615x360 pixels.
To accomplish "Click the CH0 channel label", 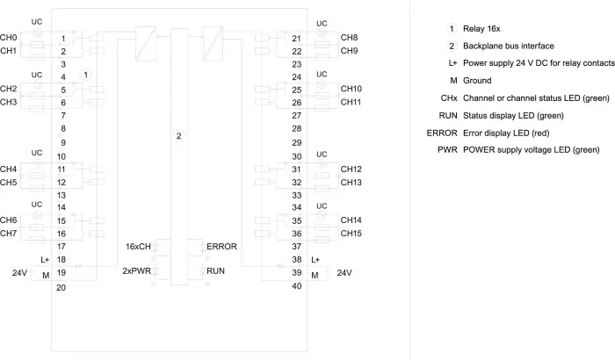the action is tap(9, 38).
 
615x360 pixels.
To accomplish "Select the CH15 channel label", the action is tap(351, 234).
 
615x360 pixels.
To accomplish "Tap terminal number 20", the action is tap(61, 287).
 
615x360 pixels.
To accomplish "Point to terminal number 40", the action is tap(297, 286).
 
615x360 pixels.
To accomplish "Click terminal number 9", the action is tap(63, 143).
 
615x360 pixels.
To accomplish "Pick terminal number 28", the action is tap(297, 128).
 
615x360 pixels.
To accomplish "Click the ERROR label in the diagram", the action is tap(221, 247).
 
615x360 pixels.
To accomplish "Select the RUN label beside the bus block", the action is tap(215, 271).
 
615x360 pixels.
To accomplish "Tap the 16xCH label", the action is tap(138, 247).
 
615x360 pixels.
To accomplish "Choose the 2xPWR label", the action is tap(136, 271).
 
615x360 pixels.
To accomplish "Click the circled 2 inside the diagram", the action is tap(179, 136).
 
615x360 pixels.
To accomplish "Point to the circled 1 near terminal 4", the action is tap(85, 75).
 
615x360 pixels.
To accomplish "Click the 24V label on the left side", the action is tap(19, 273).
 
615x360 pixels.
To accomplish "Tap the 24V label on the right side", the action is tap(344, 273).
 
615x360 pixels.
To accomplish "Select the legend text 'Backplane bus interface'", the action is tap(509, 46).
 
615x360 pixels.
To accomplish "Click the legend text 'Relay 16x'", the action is tap(481, 29).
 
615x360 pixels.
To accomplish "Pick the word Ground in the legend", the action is tap(477, 81).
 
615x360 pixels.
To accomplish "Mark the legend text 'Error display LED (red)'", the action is tap(506, 133).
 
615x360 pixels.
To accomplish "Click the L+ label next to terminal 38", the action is tap(315, 260).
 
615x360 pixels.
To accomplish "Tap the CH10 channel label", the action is tap(351, 89).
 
